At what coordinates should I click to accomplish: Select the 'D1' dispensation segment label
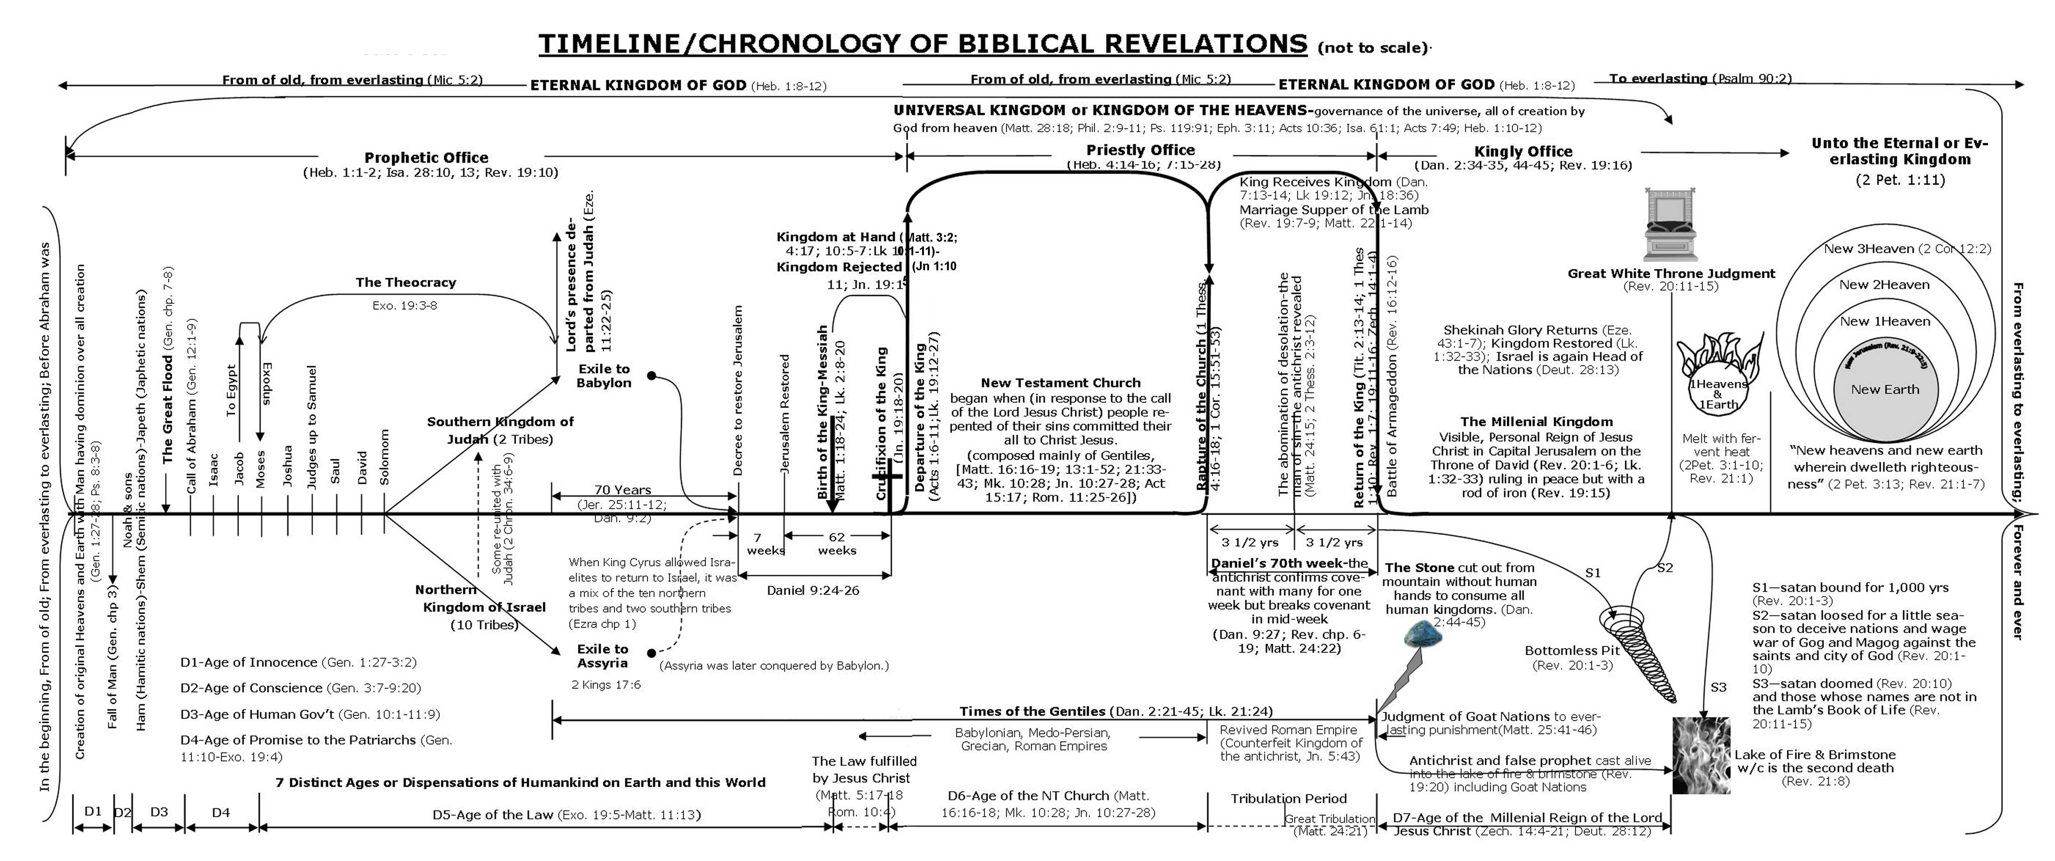92,811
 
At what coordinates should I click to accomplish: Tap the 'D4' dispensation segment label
221,812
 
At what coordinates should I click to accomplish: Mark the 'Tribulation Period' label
1288,798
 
